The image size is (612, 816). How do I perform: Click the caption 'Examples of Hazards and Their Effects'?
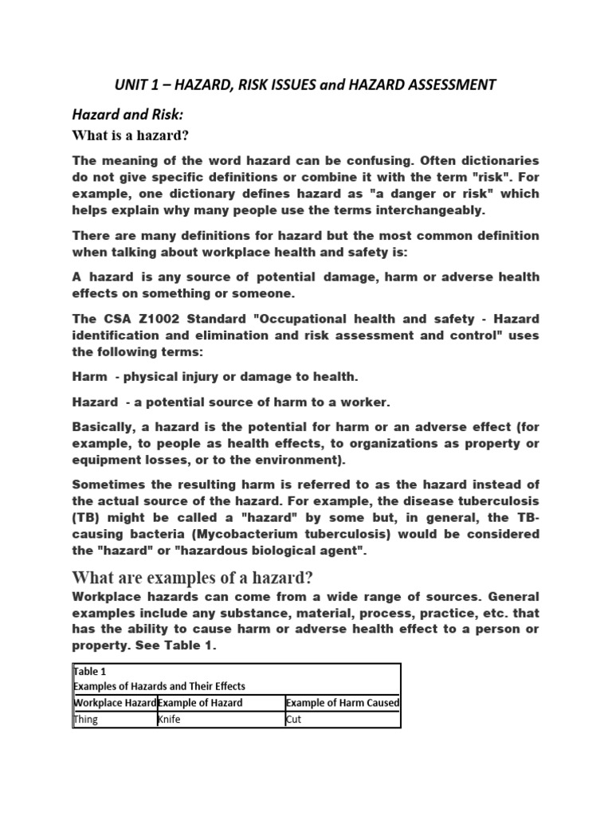159,686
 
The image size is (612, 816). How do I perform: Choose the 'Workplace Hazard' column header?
114,702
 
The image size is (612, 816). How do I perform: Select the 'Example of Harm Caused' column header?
342,702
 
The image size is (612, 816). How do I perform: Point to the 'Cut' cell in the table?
293,720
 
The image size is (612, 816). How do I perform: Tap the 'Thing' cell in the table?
84,720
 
